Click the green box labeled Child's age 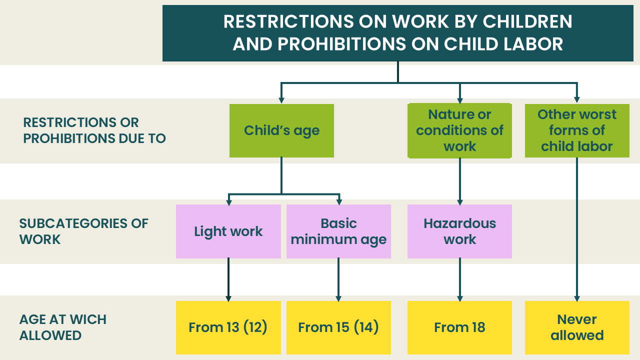(281, 130)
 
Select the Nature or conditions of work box (459, 130)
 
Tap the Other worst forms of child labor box (577, 130)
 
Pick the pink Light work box (228, 231)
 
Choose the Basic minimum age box (338, 231)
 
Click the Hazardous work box (459, 231)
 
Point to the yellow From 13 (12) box (228, 327)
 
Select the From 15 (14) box (338, 327)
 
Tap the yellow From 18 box (459, 327)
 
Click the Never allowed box (577, 327)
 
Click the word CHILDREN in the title (527, 21)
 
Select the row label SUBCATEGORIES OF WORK (83, 231)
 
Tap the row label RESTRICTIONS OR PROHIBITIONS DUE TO (94, 130)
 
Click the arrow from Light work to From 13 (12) (228, 280)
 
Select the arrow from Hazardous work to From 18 (459, 280)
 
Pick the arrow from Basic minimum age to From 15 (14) (338, 280)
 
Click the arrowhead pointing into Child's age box (281, 100)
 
